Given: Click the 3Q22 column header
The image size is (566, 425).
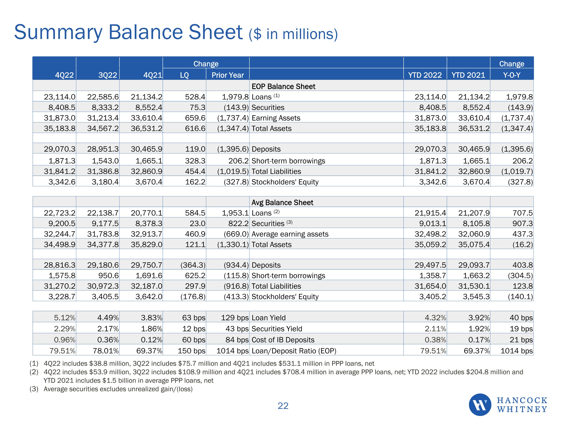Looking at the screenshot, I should [108, 75].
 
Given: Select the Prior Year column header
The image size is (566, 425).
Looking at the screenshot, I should [228, 75].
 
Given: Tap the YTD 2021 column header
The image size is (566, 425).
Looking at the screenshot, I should [468, 75].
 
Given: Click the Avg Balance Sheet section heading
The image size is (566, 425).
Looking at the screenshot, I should [282, 203].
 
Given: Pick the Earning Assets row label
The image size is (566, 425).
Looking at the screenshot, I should [276, 118].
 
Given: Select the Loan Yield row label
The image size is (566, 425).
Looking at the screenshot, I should [268, 318].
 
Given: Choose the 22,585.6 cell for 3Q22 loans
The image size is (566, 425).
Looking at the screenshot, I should [103, 97].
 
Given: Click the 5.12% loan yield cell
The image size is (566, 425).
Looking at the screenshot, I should [65, 318].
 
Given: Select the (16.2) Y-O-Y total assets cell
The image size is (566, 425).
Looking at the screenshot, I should [522, 245].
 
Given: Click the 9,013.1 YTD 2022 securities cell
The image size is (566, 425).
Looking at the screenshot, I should [432, 224].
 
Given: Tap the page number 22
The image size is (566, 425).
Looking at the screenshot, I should [283, 406].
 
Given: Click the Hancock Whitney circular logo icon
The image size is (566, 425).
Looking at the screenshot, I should [480, 405].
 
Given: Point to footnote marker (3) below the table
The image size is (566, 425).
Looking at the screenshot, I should [34, 389].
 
